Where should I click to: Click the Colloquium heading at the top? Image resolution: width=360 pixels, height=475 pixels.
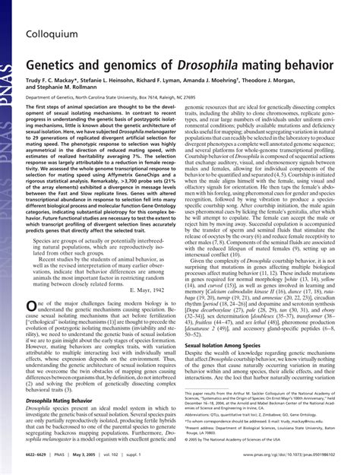pos(56,13)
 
